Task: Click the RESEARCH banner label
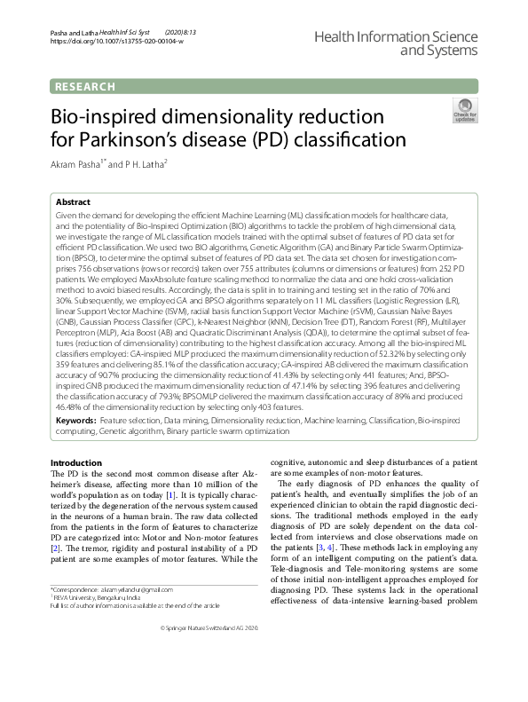pyautogui.click(x=85, y=86)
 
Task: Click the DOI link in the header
pyautogui.click(x=116, y=42)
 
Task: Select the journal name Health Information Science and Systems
pyautogui.click(x=415, y=40)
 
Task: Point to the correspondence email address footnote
pyautogui.click(x=125, y=589)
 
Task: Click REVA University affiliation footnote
pyautogui.click(x=98, y=597)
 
